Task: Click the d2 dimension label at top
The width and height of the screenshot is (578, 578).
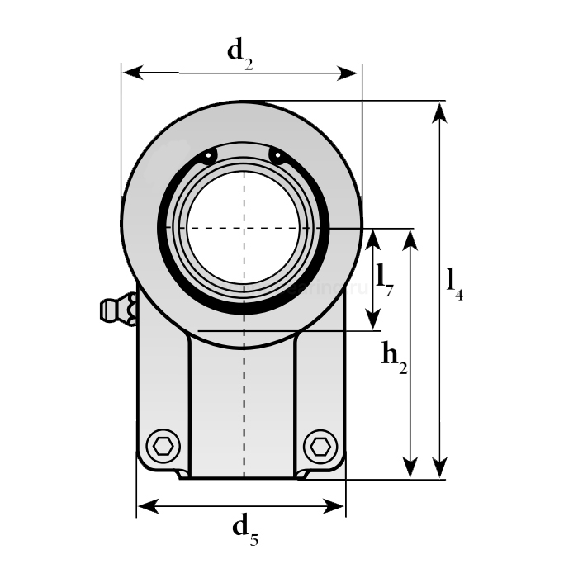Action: (239, 53)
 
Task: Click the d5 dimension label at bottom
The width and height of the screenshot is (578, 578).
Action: (244, 528)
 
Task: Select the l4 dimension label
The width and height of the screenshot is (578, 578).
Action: (454, 282)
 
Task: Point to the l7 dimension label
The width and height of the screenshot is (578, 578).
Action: (385, 278)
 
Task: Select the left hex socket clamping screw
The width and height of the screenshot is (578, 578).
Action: (164, 447)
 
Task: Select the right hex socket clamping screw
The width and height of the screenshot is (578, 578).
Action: (320, 447)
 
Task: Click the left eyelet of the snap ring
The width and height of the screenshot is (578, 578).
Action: (211, 155)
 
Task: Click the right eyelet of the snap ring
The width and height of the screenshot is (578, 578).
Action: (276, 155)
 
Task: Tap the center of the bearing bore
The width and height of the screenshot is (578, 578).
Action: (244, 228)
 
